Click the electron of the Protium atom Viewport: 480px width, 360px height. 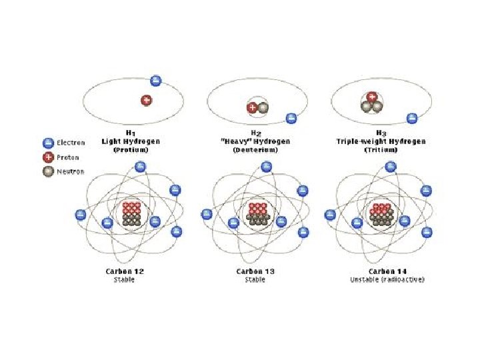155,81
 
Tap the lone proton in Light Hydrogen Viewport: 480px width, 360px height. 146,100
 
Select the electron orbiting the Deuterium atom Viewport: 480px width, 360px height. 291,119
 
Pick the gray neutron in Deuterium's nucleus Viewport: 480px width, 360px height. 263,107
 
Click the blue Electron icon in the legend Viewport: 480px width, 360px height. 48,143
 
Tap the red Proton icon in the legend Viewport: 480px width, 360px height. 48,157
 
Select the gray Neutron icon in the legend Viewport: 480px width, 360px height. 48,172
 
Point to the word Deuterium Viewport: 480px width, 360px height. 256,150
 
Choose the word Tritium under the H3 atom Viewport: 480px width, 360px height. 378,150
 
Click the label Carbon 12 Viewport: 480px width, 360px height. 125,271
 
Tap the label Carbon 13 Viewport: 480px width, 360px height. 255,271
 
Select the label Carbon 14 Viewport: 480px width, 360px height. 387,271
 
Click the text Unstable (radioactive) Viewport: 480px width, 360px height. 387,279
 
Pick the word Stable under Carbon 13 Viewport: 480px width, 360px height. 255,279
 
